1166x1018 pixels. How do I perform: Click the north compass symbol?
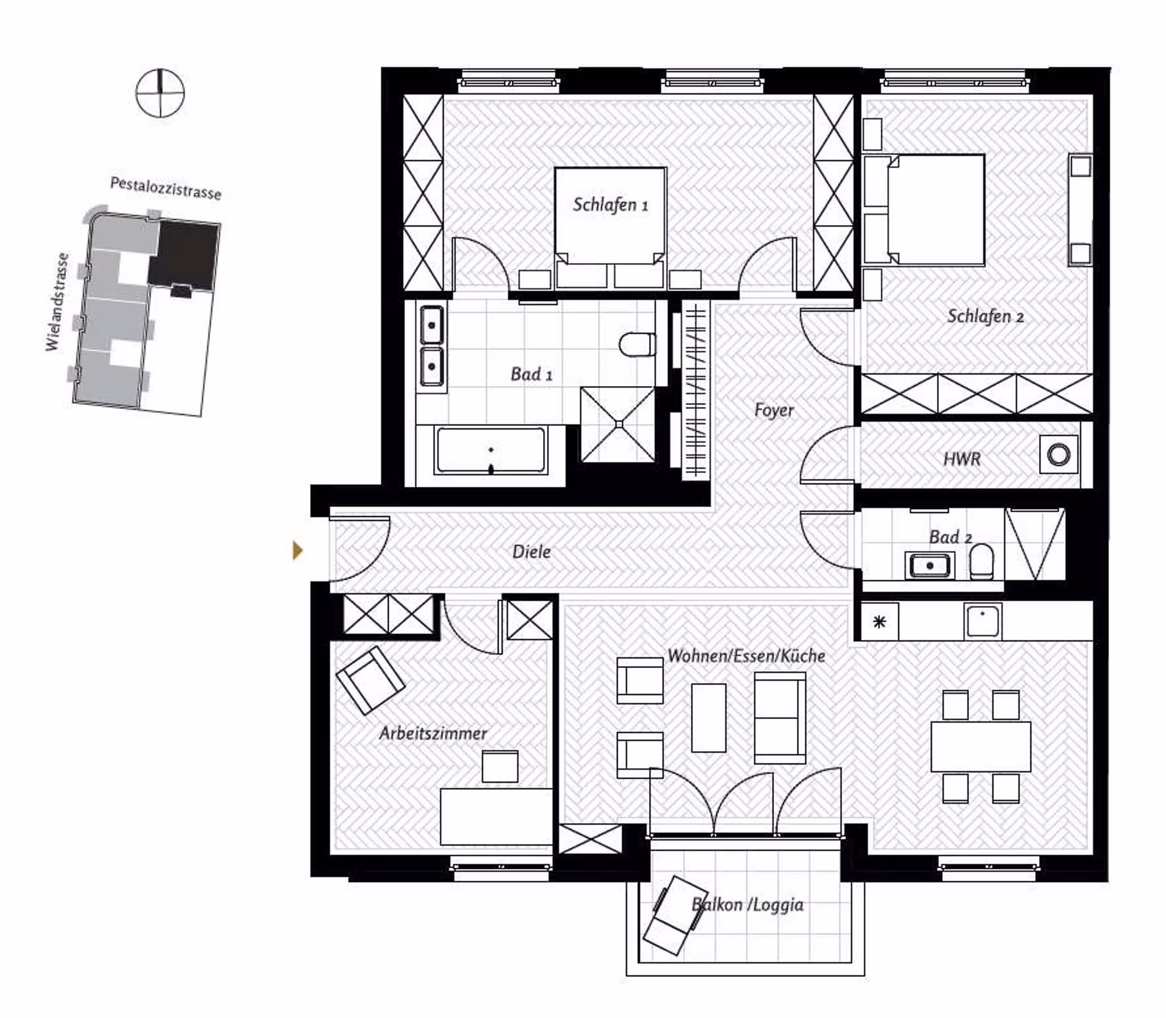click(160, 93)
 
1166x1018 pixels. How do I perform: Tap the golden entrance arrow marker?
click(297, 550)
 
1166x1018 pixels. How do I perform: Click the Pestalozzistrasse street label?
click(165, 188)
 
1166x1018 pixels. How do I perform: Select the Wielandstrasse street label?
click(57, 302)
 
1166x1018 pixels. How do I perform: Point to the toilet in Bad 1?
click(637, 344)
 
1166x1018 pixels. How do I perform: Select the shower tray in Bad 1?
click(618, 424)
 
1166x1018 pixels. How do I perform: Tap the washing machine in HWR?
click(1058, 454)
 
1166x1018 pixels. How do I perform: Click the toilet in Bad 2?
click(982, 561)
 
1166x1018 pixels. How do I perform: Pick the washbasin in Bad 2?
click(929, 565)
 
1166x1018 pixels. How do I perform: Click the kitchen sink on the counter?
click(982, 621)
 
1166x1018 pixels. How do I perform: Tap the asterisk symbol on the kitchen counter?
click(880, 622)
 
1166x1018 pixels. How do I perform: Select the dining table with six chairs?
click(980, 746)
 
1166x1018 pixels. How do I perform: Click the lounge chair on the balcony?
click(675, 915)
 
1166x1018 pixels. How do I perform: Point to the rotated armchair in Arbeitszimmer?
click(371, 680)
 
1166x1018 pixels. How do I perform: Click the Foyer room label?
click(773, 410)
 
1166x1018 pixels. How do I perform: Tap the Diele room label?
click(531, 552)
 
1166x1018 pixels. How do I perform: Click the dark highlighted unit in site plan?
click(184, 255)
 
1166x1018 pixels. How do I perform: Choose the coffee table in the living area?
click(708, 717)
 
